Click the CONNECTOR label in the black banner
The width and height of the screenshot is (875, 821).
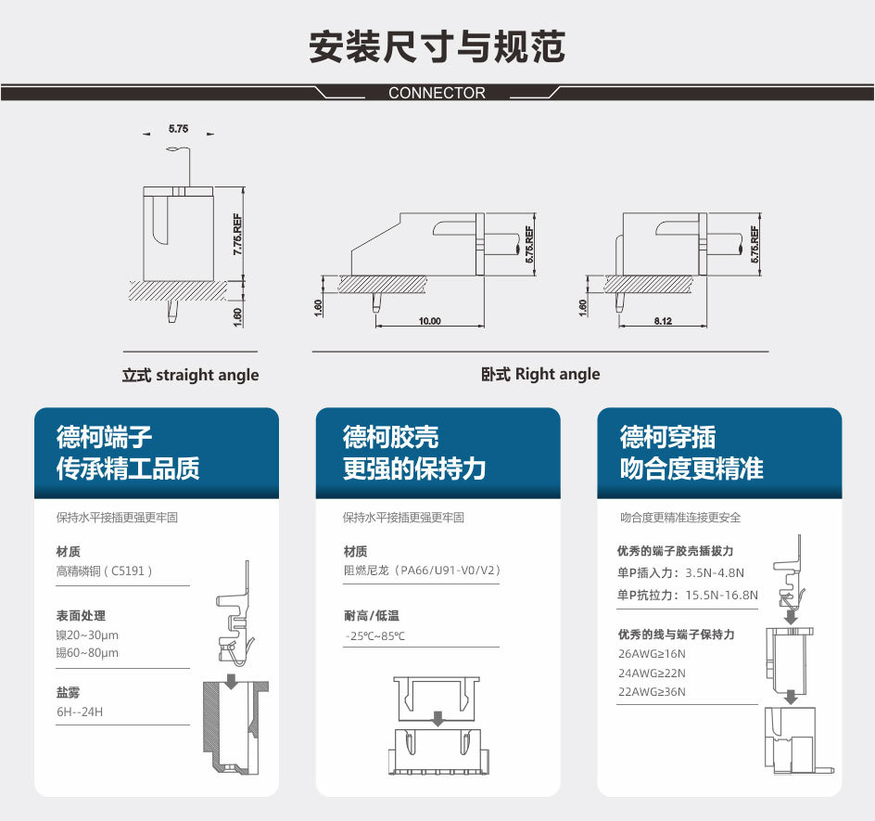click(x=437, y=93)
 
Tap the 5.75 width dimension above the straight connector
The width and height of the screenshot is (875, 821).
click(x=179, y=129)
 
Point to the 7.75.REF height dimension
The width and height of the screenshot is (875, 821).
click(x=237, y=235)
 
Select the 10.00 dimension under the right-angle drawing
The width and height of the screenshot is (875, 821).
click(x=430, y=321)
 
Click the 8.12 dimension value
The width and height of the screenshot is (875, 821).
click(x=663, y=321)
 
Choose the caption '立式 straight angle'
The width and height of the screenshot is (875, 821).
click(x=190, y=375)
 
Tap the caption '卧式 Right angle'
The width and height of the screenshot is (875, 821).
click(x=540, y=374)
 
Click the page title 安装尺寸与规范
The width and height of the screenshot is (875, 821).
click(x=437, y=46)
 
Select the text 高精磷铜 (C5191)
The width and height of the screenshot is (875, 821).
click(x=105, y=571)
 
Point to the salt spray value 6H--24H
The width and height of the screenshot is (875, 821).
click(x=80, y=712)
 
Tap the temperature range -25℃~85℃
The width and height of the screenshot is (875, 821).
click(x=374, y=635)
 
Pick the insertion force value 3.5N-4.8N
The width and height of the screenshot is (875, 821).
click(x=715, y=572)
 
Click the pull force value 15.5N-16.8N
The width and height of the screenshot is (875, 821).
click(x=721, y=595)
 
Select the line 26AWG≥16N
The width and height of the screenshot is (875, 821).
click(x=652, y=653)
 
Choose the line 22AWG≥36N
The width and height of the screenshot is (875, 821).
click(x=652, y=691)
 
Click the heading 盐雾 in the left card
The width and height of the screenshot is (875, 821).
click(x=68, y=693)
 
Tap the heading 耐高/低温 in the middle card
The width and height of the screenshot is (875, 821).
click(x=372, y=615)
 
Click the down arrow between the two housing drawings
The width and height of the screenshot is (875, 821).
click(x=438, y=718)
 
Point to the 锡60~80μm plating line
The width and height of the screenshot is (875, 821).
click(x=87, y=652)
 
